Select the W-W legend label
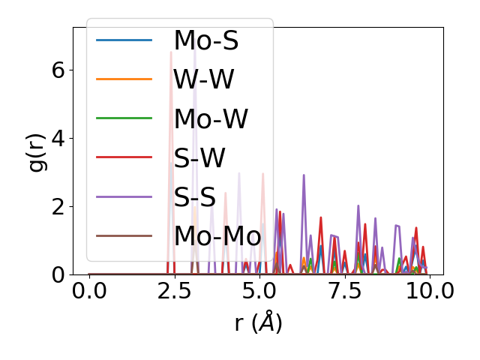click(x=204, y=79)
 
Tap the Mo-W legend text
click(x=211, y=118)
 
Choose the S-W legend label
click(x=199, y=157)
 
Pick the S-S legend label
click(x=196, y=196)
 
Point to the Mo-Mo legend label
click(x=217, y=235)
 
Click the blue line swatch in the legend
click(x=124, y=40)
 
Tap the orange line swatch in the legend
click(x=124, y=79)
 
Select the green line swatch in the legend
click(x=124, y=118)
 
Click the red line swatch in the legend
click(x=124, y=157)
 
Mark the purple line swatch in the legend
click(x=124, y=196)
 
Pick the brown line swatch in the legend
click(x=124, y=235)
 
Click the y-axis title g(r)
click(x=37, y=151)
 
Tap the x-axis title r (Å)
click(x=258, y=323)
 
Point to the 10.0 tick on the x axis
click(x=429, y=291)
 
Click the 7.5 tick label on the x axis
click(x=344, y=291)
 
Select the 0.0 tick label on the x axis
click(x=89, y=291)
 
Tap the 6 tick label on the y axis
click(x=57, y=70)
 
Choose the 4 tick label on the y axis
click(x=57, y=138)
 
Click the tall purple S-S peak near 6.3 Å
click(x=304, y=175)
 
